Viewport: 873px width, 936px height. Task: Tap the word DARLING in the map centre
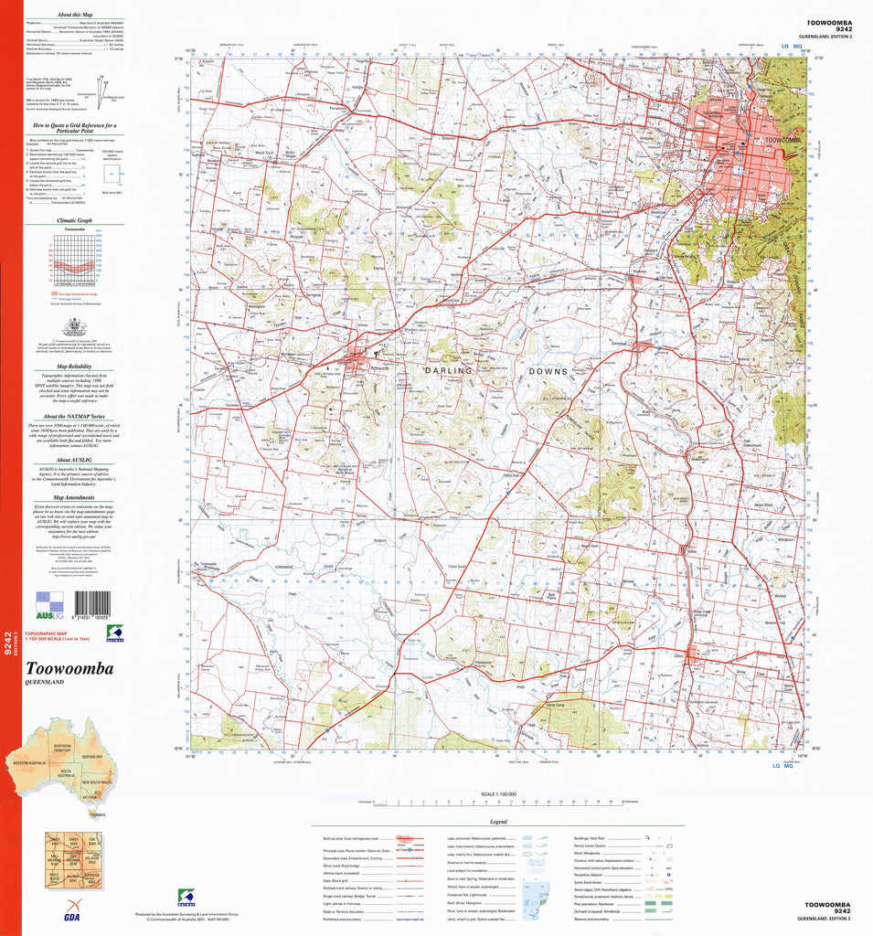tap(448, 371)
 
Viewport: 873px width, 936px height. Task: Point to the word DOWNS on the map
tap(548, 372)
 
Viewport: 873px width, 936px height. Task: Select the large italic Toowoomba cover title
tap(70, 669)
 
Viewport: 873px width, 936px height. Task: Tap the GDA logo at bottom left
tap(69, 915)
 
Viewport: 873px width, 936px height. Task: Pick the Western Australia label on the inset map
tap(29, 761)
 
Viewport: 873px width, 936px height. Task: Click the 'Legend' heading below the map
tap(498, 821)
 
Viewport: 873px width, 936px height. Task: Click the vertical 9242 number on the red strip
tap(9, 643)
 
